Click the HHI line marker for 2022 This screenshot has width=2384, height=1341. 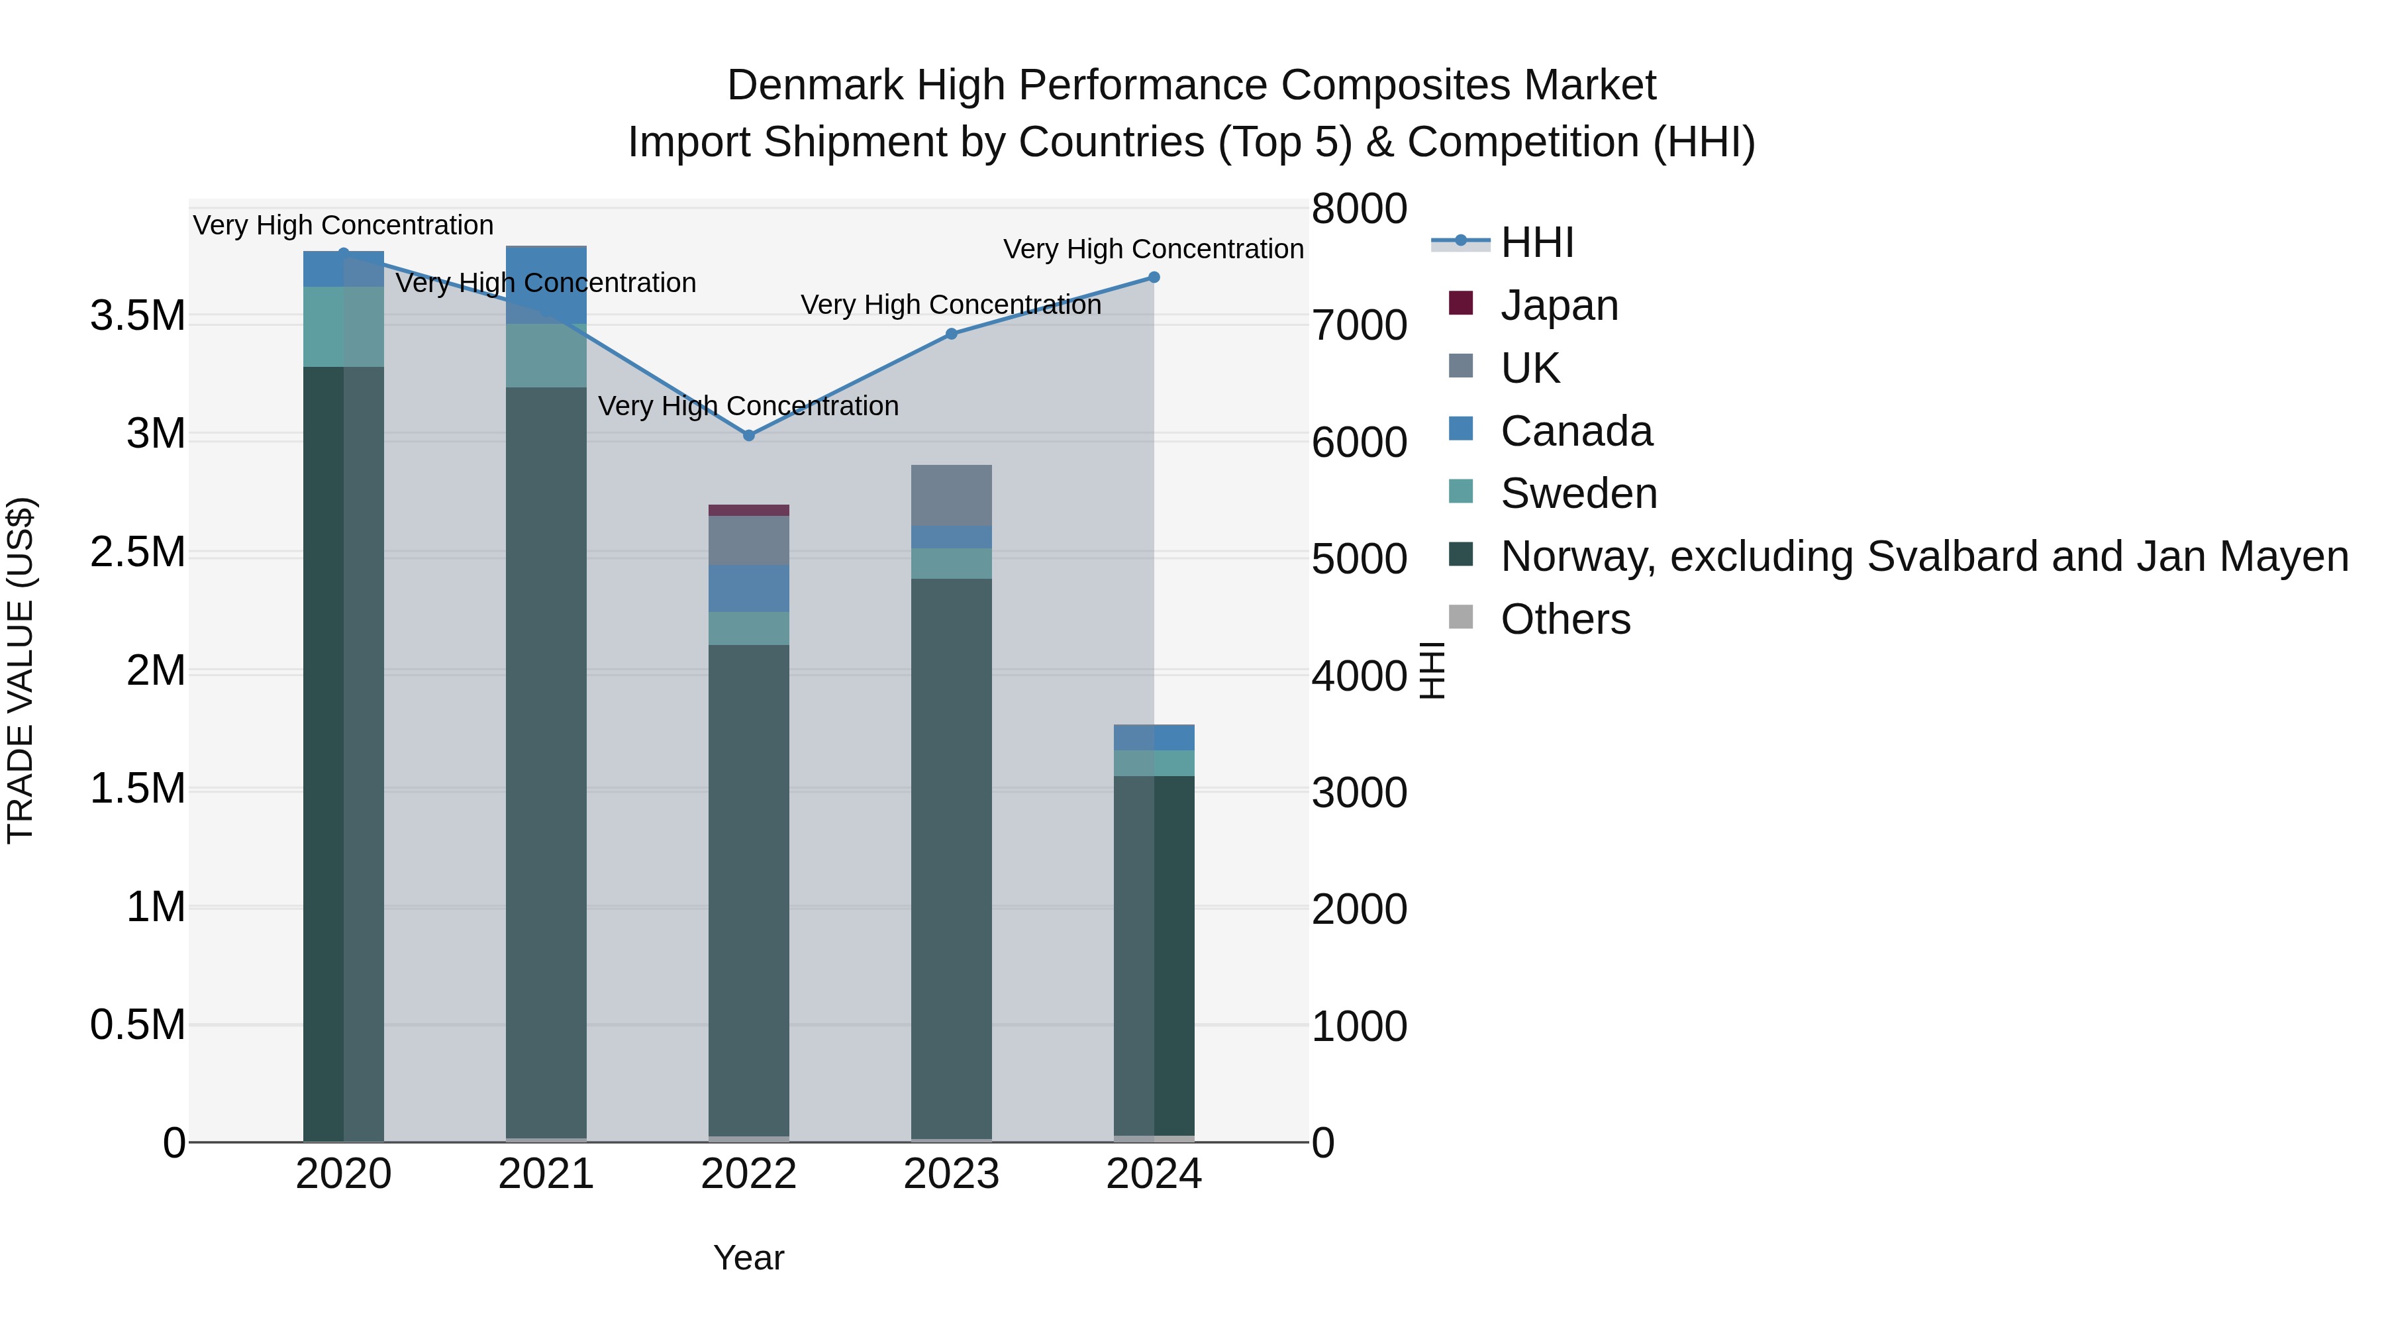pyautogui.click(x=749, y=435)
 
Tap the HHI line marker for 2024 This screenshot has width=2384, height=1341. pyautogui.click(x=1154, y=277)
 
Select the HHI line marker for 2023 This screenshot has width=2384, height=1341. pyautogui.click(x=952, y=334)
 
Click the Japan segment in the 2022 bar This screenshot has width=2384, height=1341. pyautogui.click(x=749, y=510)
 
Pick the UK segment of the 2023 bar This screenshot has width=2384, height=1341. pyautogui.click(x=952, y=495)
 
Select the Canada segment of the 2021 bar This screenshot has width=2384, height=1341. pyautogui.click(x=546, y=285)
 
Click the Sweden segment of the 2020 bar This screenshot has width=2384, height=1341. pyautogui.click(x=343, y=326)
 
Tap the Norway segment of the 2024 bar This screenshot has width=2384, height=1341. pyautogui.click(x=1154, y=953)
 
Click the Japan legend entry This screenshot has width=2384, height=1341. pyautogui.click(x=1558, y=305)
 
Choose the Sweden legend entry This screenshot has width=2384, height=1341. pyautogui.click(x=1578, y=493)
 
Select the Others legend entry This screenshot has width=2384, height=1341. pyautogui.click(x=1564, y=619)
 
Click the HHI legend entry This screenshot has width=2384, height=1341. pyautogui.click(x=1536, y=242)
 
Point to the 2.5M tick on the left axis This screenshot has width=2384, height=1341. pyautogui.click(x=137, y=552)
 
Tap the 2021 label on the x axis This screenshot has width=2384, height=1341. pyautogui.click(x=546, y=1174)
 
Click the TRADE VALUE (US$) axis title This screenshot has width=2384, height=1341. pyautogui.click(x=21, y=670)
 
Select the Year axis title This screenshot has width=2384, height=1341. pyautogui.click(x=749, y=1258)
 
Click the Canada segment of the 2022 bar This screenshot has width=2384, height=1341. pyautogui.click(x=749, y=589)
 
